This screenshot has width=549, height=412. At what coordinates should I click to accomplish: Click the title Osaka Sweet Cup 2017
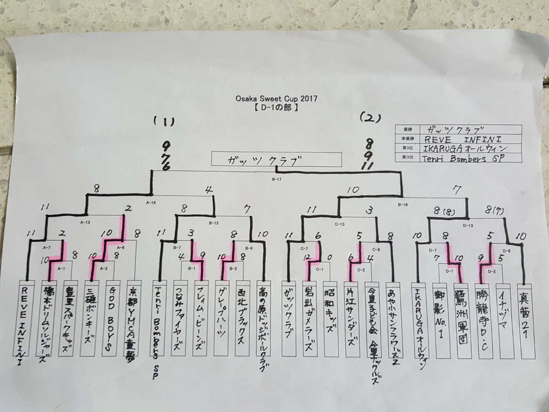(276, 99)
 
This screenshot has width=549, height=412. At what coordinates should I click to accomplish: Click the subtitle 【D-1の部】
(277, 108)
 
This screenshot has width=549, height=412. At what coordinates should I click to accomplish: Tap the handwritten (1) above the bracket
(164, 121)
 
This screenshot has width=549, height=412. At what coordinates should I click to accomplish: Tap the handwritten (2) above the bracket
(370, 118)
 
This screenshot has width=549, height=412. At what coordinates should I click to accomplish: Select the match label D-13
(468, 225)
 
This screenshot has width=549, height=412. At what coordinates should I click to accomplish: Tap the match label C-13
(340, 224)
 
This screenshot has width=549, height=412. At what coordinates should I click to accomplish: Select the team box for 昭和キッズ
(330, 318)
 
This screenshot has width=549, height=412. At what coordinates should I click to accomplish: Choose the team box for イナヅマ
(504, 320)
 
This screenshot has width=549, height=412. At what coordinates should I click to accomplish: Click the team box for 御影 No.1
(440, 320)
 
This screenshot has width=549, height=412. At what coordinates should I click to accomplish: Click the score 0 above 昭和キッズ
(329, 257)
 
